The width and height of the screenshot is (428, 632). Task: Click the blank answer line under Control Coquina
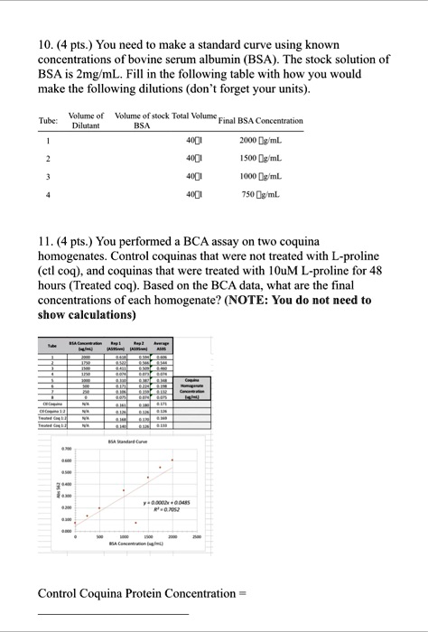coord(113,614)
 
